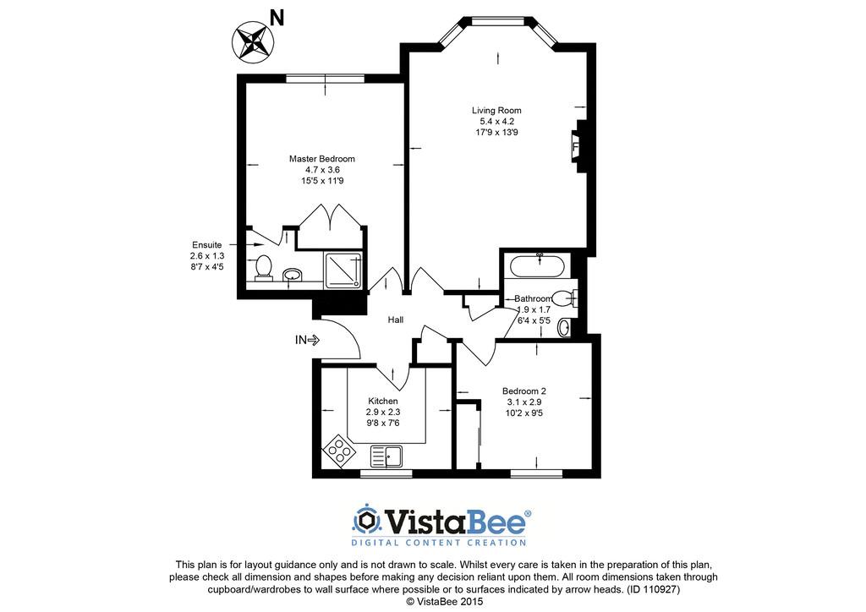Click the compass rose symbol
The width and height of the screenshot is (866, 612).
point(253,41)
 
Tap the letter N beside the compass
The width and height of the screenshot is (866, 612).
point(277,19)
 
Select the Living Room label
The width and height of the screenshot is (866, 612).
point(496,111)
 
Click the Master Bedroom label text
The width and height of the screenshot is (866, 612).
point(322,159)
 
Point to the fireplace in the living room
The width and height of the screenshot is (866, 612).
point(577,148)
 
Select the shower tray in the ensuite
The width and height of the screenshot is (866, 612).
point(343,270)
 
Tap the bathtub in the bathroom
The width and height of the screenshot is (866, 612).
point(537,266)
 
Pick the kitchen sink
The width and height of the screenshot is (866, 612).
point(386,456)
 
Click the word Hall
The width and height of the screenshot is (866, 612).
point(396,320)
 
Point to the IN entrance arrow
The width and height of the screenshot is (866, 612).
point(307,341)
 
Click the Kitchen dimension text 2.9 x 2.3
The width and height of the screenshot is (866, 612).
point(383,413)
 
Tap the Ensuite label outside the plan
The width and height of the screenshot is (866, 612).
point(207,245)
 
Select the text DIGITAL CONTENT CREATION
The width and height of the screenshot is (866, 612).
point(439,543)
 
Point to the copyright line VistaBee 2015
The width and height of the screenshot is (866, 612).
point(445,602)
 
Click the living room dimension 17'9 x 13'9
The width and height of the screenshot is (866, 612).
point(496,133)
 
